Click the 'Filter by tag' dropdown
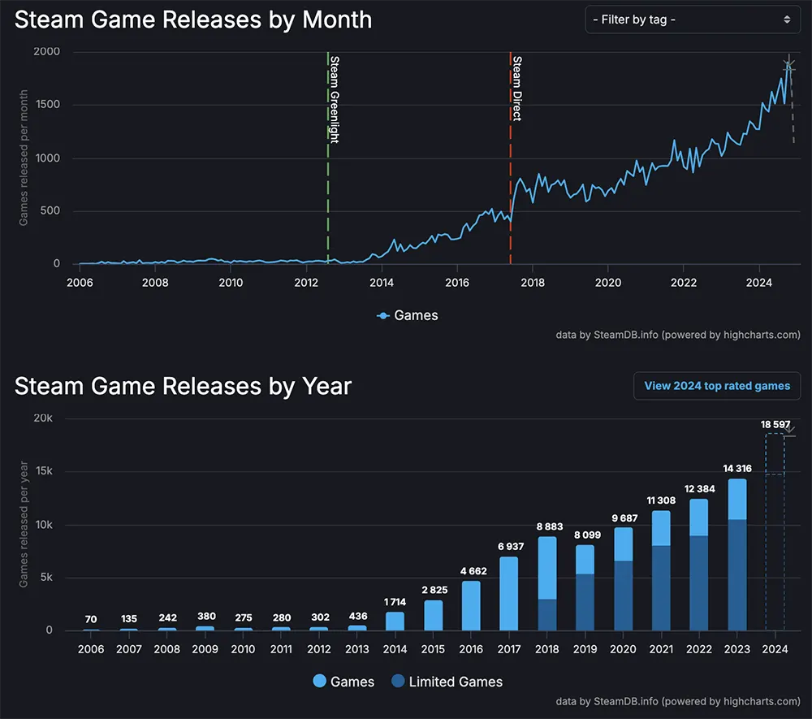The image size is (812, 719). coord(693,19)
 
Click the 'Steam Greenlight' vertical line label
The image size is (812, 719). coord(333,99)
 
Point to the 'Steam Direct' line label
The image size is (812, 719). coord(516,88)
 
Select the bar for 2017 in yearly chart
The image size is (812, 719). coord(508,593)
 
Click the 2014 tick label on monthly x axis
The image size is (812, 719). coord(382,283)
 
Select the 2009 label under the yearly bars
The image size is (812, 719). coord(205,649)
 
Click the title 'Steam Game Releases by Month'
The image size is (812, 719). coord(193,19)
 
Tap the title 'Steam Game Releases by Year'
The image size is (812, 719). coord(183,386)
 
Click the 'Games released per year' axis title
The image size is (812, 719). coord(24,524)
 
